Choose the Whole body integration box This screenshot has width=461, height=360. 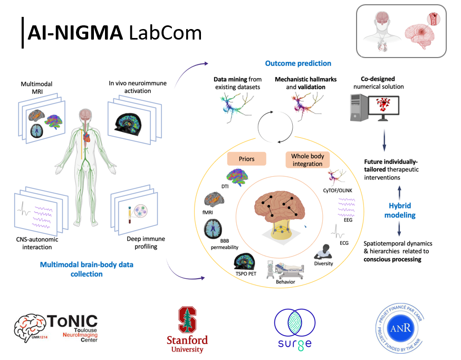pyautogui.click(x=308, y=160)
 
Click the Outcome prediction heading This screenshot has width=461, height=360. pyautogui.click(x=298, y=63)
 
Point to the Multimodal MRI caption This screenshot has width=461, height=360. pyautogui.click(x=36, y=88)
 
